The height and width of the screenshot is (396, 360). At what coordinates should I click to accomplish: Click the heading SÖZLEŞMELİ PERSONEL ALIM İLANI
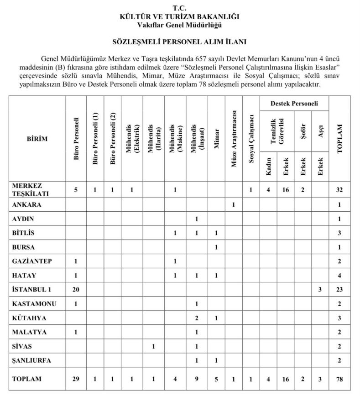180,42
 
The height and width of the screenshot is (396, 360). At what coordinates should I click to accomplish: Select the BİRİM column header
37,138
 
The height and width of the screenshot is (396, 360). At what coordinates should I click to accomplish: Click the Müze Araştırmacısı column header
234,138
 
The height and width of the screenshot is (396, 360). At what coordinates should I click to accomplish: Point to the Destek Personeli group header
294,104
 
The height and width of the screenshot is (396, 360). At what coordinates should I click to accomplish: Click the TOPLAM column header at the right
339,138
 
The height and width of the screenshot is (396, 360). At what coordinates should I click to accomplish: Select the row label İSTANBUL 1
30,289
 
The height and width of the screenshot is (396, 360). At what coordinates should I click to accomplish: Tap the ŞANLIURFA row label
32,360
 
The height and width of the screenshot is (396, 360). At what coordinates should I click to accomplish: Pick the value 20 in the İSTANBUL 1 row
77,289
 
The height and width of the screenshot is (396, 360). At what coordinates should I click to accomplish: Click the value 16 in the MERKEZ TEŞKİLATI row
286,190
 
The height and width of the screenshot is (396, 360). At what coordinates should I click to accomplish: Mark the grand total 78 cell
339,379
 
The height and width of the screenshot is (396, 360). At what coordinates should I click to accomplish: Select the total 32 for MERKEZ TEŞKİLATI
339,190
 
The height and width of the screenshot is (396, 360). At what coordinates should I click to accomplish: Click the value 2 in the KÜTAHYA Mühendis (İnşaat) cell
196,318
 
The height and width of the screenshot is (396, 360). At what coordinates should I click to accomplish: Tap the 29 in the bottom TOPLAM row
77,379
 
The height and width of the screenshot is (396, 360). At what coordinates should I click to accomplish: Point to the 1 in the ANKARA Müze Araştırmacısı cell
234,204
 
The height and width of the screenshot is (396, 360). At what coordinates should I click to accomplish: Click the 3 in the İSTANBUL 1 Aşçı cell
320,289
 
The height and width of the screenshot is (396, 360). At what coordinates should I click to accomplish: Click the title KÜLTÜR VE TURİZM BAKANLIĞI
180,16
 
